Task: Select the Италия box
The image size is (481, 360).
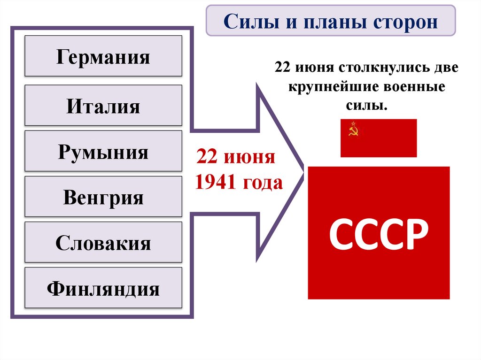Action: click(x=103, y=106)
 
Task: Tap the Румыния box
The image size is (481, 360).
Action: click(x=103, y=152)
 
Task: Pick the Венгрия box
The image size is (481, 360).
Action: click(x=103, y=197)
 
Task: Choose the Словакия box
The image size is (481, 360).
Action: click(x=103, y=243)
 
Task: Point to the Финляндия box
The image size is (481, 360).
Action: click(x=103, y=288)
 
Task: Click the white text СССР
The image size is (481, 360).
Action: click(x=379, y=234)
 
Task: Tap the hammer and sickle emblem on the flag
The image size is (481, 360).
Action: click(x=353, y=129)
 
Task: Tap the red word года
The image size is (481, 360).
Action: click(x=264, y=182)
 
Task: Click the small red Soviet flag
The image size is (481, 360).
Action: click(x=379, y=138)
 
